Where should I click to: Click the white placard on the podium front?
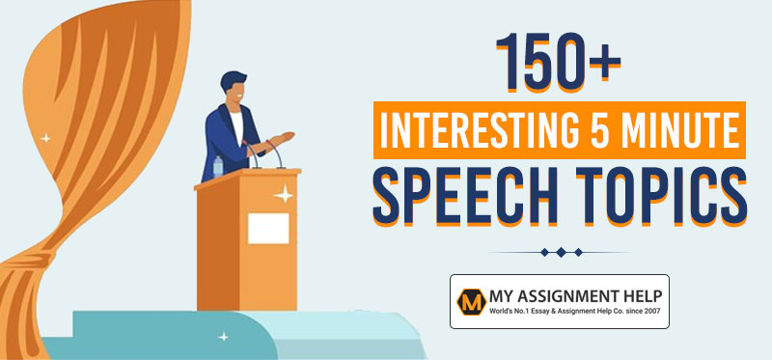tap(267, 228)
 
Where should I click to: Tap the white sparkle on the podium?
tap(284, 196)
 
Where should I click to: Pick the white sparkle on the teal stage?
tap(224, 336)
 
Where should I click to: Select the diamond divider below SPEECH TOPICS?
tap(560, 251)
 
